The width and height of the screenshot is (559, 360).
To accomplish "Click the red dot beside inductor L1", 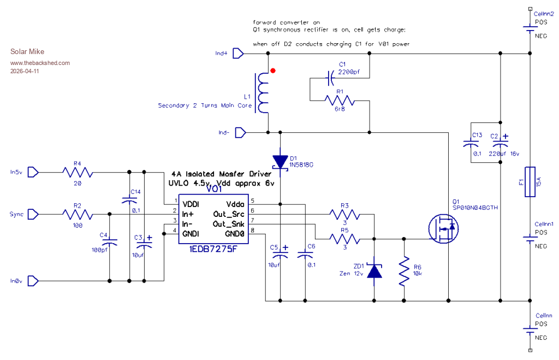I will click(x=273, y=70).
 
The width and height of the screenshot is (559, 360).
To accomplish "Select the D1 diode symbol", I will click(x=280, y=162).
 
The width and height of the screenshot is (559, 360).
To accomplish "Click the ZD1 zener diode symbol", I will click(x=374, y=270).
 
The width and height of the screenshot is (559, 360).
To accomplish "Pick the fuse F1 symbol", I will click(x=530, y=182).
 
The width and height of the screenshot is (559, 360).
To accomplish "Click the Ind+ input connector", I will click(x=238, y=54).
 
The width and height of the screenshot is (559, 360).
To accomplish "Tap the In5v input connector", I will click(x=33, y=173).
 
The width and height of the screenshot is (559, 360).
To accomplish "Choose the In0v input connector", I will click(x=33, y=281).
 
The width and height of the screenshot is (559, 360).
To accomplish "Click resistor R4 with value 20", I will click(x=77, y=173).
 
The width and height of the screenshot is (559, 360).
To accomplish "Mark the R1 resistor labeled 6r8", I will click(x=339, y=101).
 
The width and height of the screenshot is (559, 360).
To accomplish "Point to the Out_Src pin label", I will click(x=228, y=214).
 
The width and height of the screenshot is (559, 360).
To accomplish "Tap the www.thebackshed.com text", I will click(x=40, y=63).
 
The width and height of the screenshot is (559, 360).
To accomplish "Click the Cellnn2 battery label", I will click(x=544, y=14).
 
